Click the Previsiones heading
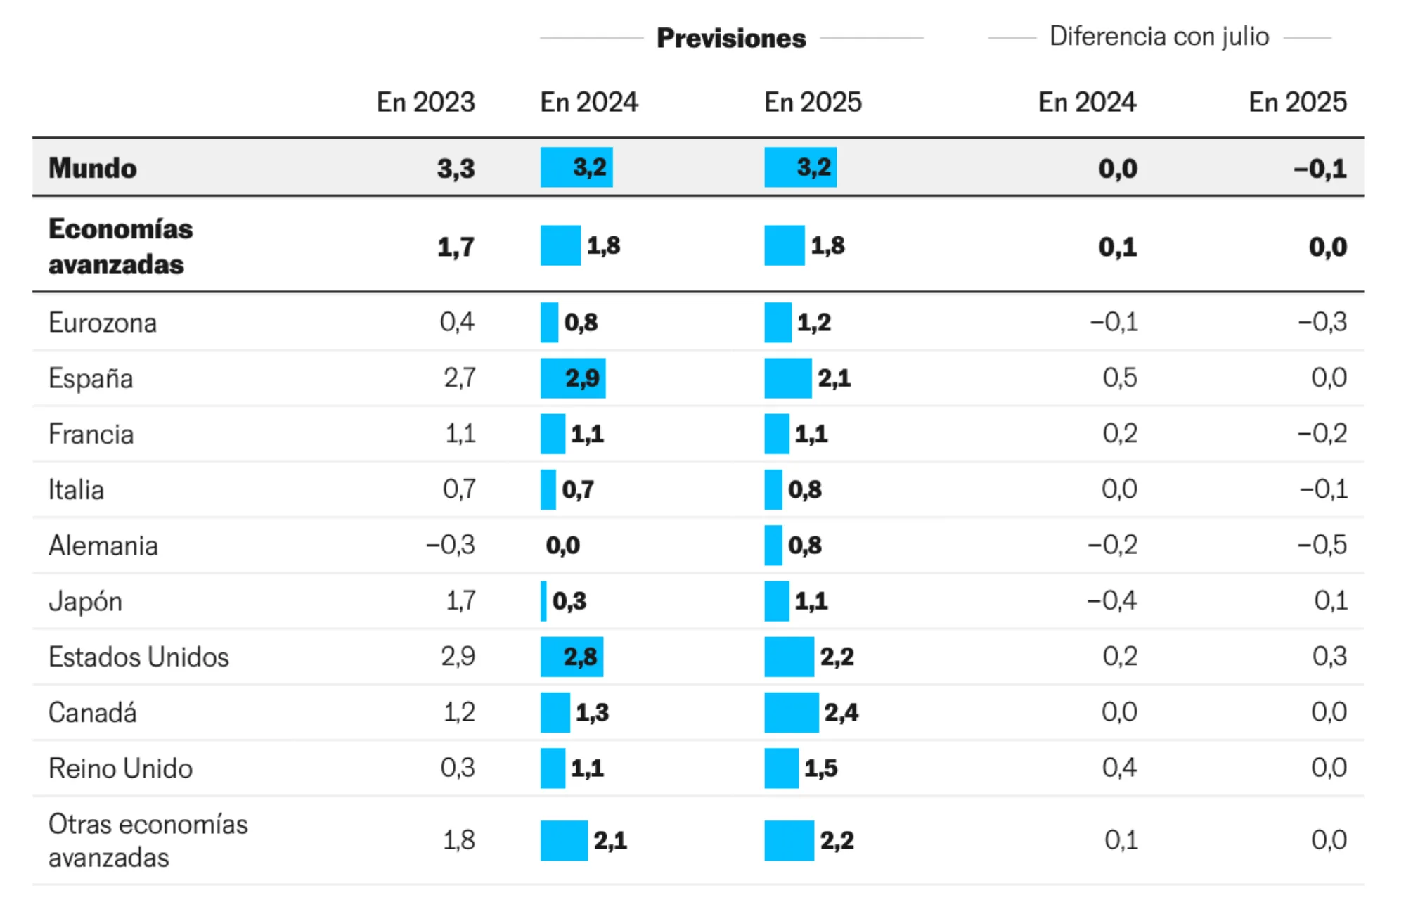(x=731, y=38)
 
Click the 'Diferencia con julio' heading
(x=1159, y=37)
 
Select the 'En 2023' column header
(x=425, y=102)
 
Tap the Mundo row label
(x=93, y=168)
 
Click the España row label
(x=91, y=378)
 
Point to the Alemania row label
(x=103, y=546)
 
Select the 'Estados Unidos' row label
(x=138, y=657)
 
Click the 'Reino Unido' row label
(x=120, y=768)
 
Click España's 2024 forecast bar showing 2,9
(x=572, y=378)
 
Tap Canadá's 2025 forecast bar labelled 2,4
(x=791, y=712)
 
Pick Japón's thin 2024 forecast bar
(x=543, y=601)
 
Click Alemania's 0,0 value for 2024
(x=562, y=546)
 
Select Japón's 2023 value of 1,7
(x=460, y=601)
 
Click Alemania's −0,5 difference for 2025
(x=1322, y=545)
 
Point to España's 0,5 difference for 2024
(x=1119, y=378)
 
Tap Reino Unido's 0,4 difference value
(x=1119, y=767)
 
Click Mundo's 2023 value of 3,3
(x=456, y=169)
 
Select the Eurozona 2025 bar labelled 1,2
(x=778, y=322)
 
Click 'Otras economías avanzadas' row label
(x=148, y=840)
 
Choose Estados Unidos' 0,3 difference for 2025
(x=1329, y=656)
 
